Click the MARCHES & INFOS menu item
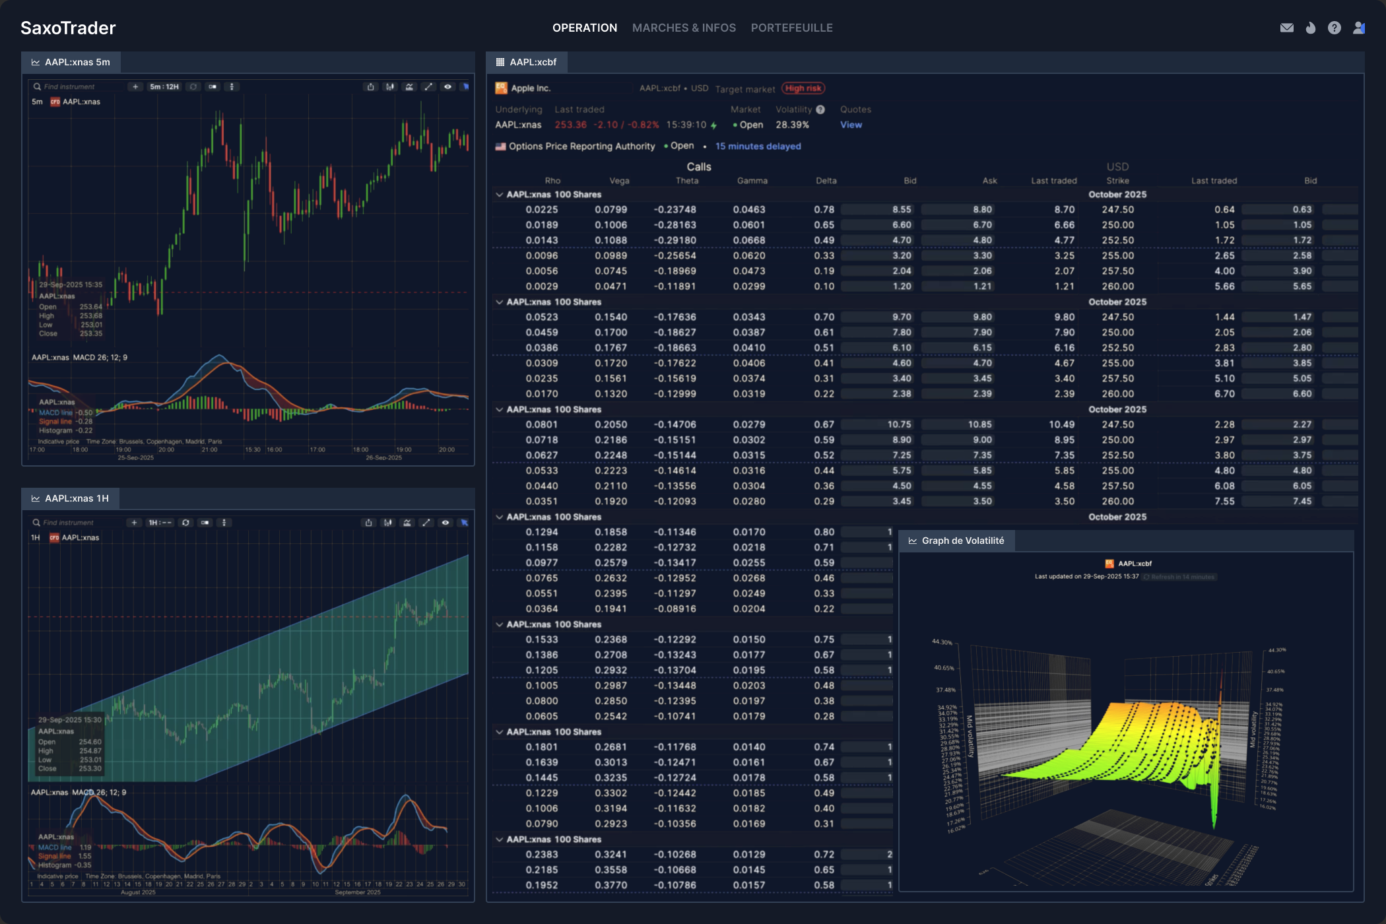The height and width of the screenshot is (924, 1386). (x=684, y=28)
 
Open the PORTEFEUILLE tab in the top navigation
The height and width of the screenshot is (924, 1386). (x=791, y=28)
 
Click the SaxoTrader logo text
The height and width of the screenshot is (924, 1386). (x=68, y=28)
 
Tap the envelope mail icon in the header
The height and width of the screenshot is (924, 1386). (x=1286, y=28)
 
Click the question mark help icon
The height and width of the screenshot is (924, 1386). (x=1334, y=28)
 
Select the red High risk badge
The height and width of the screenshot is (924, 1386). (x=803, y=88)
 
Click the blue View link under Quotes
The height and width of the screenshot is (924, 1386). (x=851, y=125)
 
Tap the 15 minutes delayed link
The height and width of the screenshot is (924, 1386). (x=758, y=147)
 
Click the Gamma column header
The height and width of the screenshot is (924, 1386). (x=752, y=181)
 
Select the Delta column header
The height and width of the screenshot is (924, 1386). (x=826, y=181)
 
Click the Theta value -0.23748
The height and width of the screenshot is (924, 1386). (x=675, y=210)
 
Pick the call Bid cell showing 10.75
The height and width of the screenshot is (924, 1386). (x=899, y=425)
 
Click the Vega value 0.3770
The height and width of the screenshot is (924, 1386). (x=610, y=885)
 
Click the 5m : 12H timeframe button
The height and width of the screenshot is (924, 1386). (x=164, y=86)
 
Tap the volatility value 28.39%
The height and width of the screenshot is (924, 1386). (x=792, y=125)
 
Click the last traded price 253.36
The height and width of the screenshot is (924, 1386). (x=570, y=125)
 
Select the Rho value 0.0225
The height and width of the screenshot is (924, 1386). (x=541, y=210)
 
